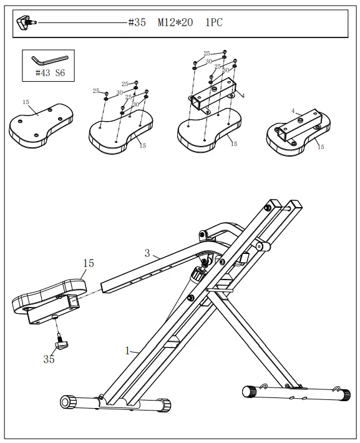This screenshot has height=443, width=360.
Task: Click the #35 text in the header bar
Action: pos(137,23)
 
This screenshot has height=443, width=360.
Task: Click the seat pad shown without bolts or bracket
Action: pos(41,123)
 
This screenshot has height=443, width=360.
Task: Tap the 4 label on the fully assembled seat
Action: pos(292,111)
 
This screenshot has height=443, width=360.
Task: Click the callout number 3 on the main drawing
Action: pos(147,253)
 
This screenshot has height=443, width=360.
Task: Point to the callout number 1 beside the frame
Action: pos(127,351)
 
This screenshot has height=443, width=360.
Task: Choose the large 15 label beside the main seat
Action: pos(89,263)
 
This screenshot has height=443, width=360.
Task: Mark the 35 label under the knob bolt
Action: pos(49,359)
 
